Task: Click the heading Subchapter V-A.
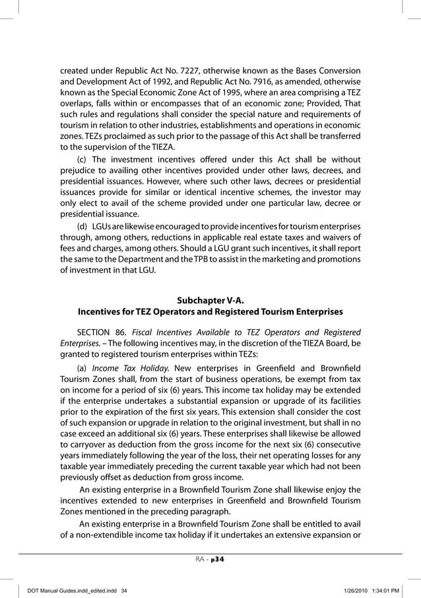coord(210,299)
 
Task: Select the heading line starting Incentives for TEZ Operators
coord(210,311)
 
